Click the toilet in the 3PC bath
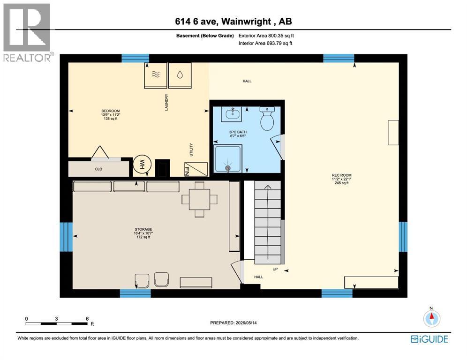click(x=267, y=118)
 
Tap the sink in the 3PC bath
click(x=232, y=114)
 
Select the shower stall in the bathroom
click(x=228, y=158)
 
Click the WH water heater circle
click(x=142, y=165)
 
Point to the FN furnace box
click(x=196, y=169)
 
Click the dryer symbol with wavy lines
click(x=156, y=75)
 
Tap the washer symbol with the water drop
click(x=180, y=75)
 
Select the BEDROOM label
click(x=111, y=111)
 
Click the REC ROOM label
click(x=342, y=175)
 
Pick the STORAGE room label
click(x=143, y=229)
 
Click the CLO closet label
click(x=98, y=169)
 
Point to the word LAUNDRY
click(x=166, y=102)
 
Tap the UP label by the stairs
click(x=275, y=269)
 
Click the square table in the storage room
click(x=200, y=200)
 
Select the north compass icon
click(x=431, y=318)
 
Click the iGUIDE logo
click(x=429, y=339)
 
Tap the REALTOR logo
click(x=27, y=32)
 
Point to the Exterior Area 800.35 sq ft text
click(x=266, y=36)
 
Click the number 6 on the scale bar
click(x=87, y=319)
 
